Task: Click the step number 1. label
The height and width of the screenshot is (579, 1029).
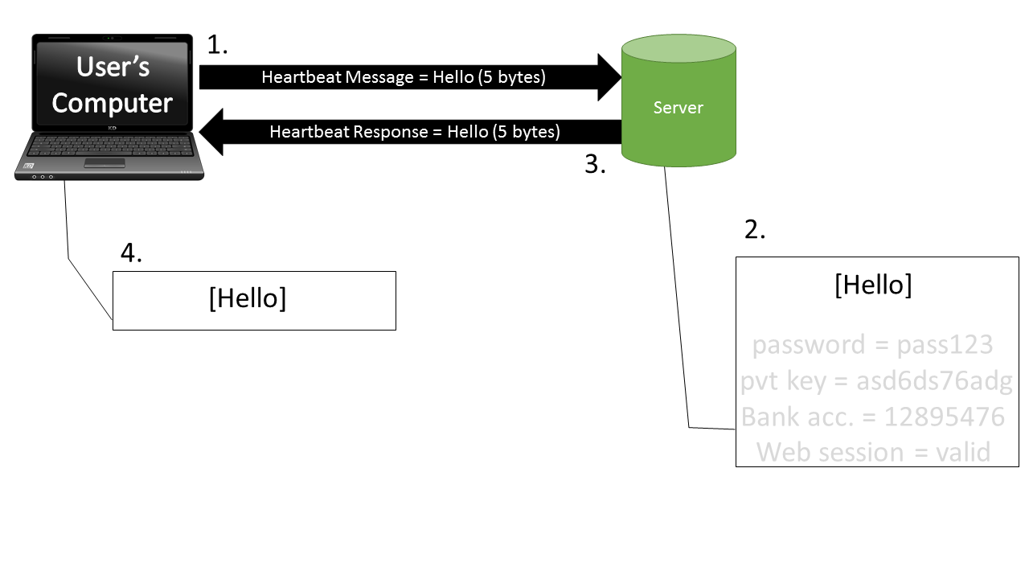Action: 217,45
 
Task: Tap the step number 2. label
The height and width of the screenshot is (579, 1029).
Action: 755,230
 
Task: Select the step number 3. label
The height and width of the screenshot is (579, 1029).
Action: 595,165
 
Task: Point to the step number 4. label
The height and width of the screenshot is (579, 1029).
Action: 131,253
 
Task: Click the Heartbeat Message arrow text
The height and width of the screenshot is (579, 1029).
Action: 404,78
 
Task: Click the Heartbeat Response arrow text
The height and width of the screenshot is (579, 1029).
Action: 415,132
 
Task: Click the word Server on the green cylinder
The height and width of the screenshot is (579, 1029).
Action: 678,108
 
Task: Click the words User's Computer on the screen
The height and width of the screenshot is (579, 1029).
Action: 113,84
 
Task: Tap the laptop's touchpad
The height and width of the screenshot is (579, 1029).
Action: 105,163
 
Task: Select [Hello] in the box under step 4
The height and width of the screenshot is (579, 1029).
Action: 247,298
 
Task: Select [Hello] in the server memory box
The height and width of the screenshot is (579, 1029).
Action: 873,285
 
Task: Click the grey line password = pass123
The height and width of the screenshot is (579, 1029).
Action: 873,345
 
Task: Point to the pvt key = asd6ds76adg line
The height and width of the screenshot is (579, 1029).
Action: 876,381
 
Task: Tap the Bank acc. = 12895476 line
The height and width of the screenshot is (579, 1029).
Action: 873,417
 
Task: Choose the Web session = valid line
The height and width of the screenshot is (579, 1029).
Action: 873,452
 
